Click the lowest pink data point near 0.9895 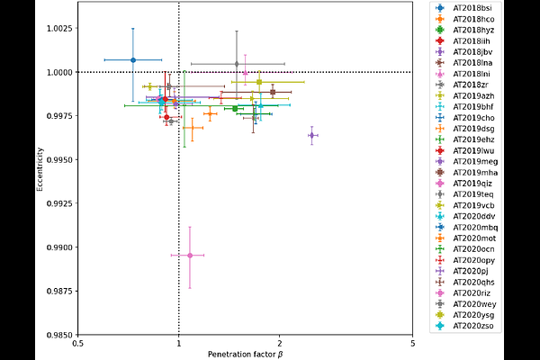189,256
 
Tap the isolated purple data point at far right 311,135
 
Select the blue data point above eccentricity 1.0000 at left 133,59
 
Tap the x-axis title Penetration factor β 245,355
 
